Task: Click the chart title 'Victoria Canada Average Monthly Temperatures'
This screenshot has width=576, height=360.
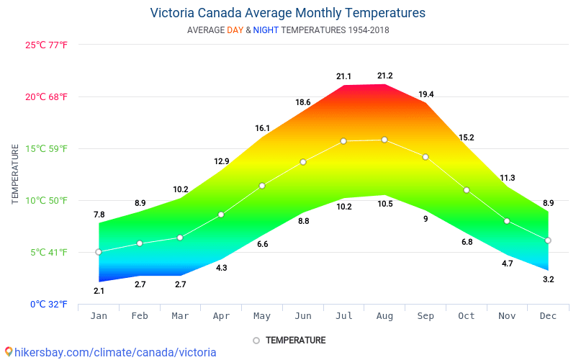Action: point(288,13)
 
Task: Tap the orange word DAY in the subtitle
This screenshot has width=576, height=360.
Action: point(235,30)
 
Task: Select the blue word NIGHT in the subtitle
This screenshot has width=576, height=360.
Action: point(266,30)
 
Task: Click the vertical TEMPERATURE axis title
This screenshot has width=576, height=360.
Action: point(15,174)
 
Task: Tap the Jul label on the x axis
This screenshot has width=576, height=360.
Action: point(343,316)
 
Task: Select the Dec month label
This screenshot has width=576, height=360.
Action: point(548,316)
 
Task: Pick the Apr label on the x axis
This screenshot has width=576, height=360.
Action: point(221,316)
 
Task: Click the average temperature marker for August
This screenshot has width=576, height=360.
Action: point(384,140)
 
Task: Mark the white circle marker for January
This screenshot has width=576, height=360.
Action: point(99,252)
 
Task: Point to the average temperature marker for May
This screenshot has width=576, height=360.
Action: point(262,186)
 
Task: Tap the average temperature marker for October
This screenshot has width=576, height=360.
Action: point(467,190)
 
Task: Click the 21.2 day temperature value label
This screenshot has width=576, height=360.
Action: point(384,76)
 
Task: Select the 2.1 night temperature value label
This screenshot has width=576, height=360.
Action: point(99,291)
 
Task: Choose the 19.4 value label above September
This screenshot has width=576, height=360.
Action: point(426,94)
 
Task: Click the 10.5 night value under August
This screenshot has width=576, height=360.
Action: point(384,204)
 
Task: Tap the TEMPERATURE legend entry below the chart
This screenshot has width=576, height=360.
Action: point(295,340)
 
